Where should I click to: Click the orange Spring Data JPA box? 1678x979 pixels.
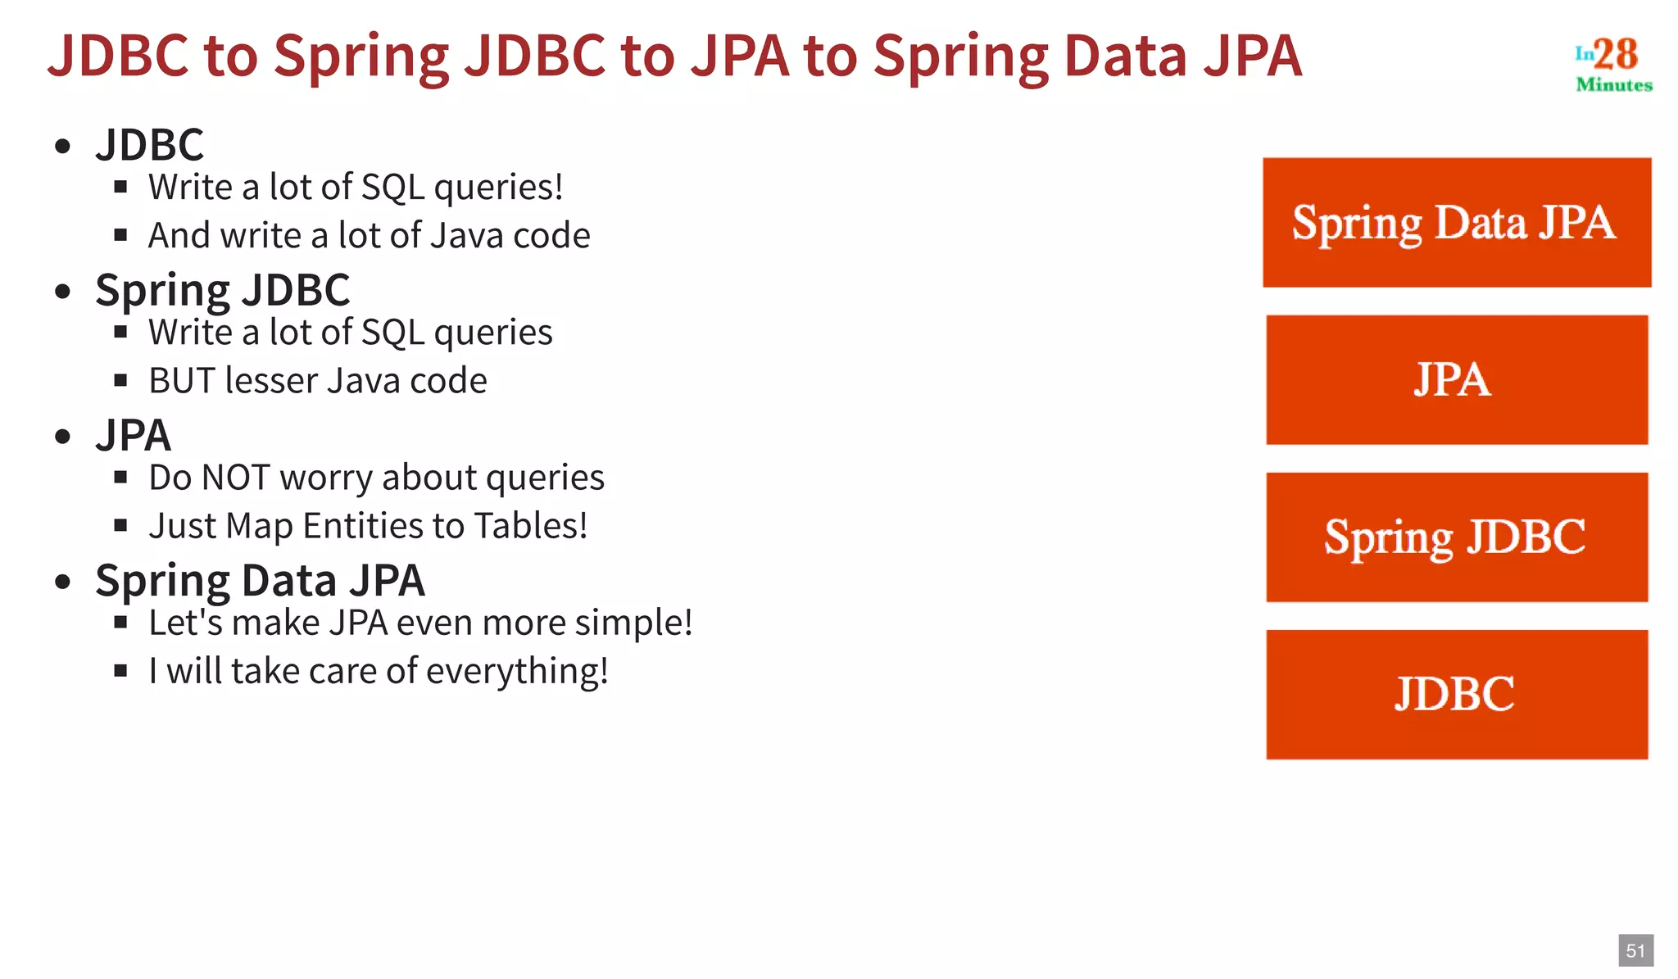coord(1456,222)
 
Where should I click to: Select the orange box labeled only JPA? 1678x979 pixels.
coord(1456,379)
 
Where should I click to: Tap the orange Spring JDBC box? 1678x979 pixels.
coord(1456,537)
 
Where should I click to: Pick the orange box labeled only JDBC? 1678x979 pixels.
coord(1456,694)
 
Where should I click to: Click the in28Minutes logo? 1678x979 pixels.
coord(1612,64)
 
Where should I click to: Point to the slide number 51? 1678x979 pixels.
coord(1635,950)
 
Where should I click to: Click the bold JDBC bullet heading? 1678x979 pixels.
coord(149,145)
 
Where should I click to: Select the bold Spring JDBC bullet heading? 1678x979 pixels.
coord(222,290)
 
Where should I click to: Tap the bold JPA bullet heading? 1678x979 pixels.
coord(133,435)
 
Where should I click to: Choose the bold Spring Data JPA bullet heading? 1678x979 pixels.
coord(260,580)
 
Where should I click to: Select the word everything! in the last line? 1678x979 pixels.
coord(517,671)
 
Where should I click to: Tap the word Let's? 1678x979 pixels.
coord(186,623)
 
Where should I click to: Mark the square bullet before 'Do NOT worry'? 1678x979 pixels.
coord(121,478)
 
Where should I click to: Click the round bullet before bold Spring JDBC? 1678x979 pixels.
coord(63,292)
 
